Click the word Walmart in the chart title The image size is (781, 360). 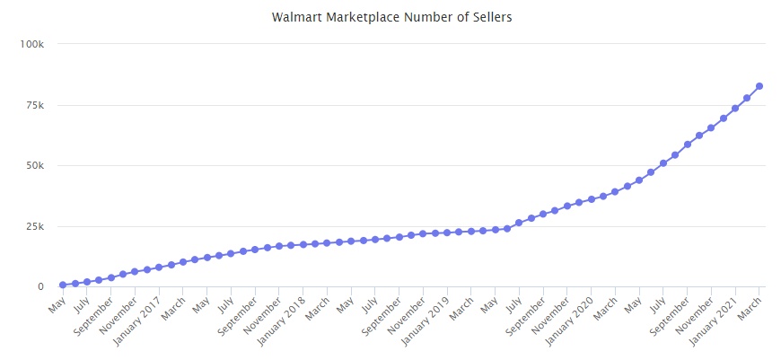[295, 17]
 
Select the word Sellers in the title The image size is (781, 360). [489, 17]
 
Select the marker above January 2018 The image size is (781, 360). [303, 244]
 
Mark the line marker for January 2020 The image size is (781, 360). [591, 199]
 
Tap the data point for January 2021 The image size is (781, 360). [735, 109]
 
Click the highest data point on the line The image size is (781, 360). [759, 86]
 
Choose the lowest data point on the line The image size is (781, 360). [63, 285]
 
